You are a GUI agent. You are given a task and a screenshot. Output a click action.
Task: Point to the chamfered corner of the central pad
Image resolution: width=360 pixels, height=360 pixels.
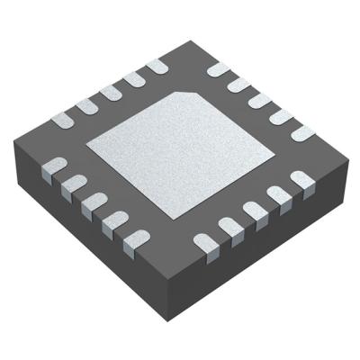pyautogui.click(x=188, y=94)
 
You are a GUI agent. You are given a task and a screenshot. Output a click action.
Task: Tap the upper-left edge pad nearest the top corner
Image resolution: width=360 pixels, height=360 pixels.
pyautogui.click(x=156, y=66)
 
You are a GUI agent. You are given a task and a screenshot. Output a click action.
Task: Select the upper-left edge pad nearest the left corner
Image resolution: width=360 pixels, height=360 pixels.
pyautogui.click(x=66, y=117)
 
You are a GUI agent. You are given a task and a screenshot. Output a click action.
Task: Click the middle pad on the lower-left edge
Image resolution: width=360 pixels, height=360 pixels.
pyautogui.click(x=93, y=202)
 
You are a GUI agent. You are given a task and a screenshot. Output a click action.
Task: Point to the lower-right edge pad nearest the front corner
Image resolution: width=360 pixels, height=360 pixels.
pyautogui.click(x=204, y=242)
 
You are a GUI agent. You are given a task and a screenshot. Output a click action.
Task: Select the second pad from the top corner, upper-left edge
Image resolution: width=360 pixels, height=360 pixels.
pyautogui.click(x=134, y=78)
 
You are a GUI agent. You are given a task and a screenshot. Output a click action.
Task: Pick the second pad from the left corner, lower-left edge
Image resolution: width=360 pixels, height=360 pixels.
pyautogui.click(x=72, y=184)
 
